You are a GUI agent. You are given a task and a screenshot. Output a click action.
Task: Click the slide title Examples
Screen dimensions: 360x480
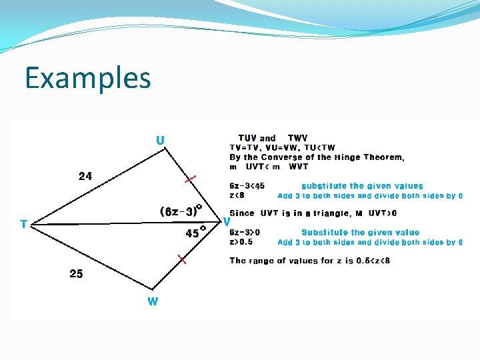[x=88, y=78]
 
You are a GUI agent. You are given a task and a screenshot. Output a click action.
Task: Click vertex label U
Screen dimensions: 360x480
[x=160, y=140]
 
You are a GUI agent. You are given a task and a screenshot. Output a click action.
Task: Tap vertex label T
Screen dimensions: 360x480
[x=24, y=224]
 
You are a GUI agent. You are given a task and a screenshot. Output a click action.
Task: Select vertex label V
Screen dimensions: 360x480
[x=227, y=221]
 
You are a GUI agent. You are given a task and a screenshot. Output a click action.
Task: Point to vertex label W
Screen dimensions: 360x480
[x=153, y=301]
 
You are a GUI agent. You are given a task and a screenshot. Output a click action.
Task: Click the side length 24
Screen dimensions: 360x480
[x=85, y=177]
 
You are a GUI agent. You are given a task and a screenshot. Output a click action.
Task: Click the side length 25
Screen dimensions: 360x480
[x=76, y=273]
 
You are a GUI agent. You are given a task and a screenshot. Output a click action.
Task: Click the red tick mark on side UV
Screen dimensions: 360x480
[x=191, y=179]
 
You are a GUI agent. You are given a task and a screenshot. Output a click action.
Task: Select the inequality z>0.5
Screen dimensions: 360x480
[x=241, y=242]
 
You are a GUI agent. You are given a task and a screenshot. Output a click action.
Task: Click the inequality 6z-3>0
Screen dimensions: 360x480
[x=244, y=233]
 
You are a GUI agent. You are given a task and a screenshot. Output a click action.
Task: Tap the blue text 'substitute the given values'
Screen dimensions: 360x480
[x=362, y=186]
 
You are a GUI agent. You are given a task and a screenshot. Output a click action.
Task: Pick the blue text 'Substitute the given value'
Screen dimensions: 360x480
[x=361, y=233]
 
